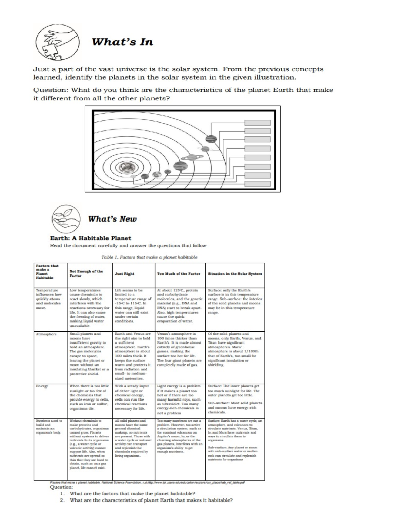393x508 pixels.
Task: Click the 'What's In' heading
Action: (x=122, y=42)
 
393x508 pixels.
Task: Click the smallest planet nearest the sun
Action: (x=133, y=177)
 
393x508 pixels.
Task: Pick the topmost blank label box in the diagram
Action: (x=257, y=123)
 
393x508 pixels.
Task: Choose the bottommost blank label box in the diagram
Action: (x=257, y=183)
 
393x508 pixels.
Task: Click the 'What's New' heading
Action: (x=112, y=219)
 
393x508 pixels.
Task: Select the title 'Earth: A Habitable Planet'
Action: (x=90, y=238)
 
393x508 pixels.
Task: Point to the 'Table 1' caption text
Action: (x=149, y=257)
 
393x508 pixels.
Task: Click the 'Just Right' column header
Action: (x=124, y=273)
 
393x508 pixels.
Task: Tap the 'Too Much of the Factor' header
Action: (x=178, y=273)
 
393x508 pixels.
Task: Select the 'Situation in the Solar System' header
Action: (x=235, y=273)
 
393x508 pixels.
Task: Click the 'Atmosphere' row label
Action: (x=46, y=334)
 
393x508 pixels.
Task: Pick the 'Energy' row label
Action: (x=42, y=386)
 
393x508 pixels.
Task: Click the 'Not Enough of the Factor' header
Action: (x=86, y=273)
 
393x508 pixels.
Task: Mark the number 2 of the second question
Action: (x=61, y=500)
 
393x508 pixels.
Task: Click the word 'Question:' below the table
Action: (x=61, y=487)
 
